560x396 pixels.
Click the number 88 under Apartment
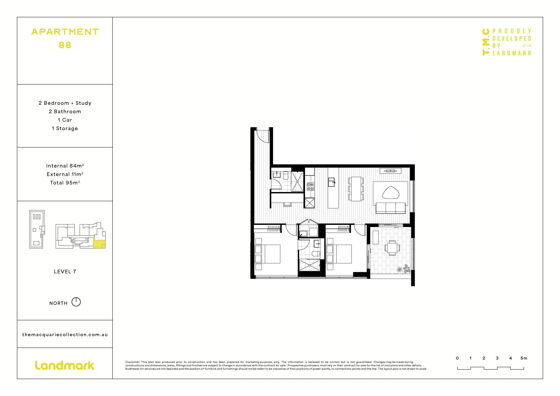coord(65,45)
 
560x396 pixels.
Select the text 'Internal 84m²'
coord(65,166)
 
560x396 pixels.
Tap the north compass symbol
coord(76,302)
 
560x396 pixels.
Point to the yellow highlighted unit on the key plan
coord(99,243)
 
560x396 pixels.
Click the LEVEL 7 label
coord(65,271)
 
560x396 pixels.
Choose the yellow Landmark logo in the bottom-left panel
coord(65,365)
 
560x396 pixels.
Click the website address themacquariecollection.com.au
coord(65,334)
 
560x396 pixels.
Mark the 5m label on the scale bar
coord(524,358)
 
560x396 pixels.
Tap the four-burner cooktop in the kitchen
coord(310,186)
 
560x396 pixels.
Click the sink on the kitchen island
coord(332,182)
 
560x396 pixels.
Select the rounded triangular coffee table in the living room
coord(391,193)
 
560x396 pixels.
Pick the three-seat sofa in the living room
coord(391,208)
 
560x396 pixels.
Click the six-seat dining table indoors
coord(356,189)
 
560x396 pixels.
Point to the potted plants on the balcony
coord(405,269)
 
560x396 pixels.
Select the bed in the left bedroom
coord(267,254)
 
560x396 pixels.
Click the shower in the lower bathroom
coord(309,265)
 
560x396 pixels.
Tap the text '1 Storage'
coord(65,128)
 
